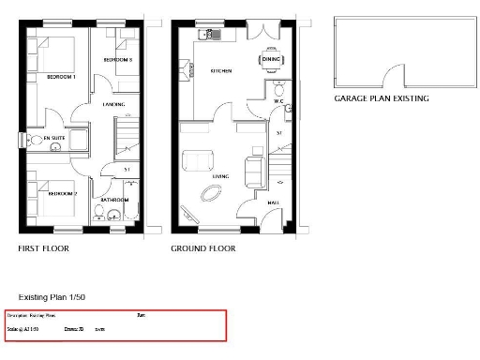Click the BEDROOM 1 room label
click(x=61, y=77)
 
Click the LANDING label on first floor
click(x=114, y=105)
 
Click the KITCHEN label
click(x=221, y=70)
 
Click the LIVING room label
click(x=220, y=175)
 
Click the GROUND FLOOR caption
click(x=202, y=249)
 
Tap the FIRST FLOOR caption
click(x=44, y=249)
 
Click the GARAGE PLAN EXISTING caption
click(x=382, y=97)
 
